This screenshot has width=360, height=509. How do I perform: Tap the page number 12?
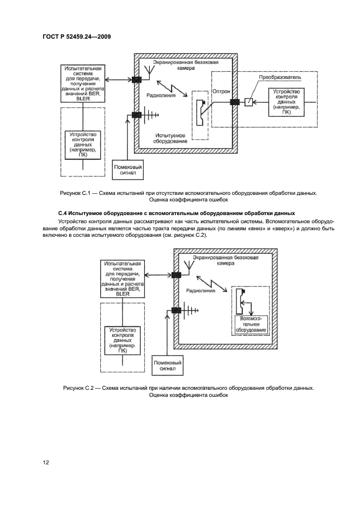46,463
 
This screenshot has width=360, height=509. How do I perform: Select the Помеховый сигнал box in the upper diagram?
128,170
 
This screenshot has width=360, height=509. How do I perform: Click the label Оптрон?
221,91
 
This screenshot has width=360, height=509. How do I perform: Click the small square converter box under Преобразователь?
248,102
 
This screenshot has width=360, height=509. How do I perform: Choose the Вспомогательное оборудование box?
251,323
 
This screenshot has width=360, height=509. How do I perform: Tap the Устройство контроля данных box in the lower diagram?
122,340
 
